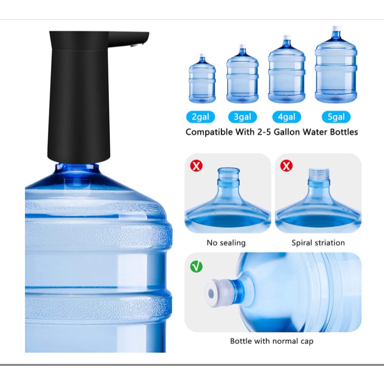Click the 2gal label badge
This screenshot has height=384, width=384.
click(x=201, y=117)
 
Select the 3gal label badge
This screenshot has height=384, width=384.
click(x=242, y=117)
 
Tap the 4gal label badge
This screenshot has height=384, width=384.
click(x=287, y=117)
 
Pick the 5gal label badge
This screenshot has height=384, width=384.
click(x=336, y=117)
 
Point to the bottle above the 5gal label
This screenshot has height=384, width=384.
click(x=336, y=65)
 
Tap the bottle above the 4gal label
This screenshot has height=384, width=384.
click(x=287, y=69)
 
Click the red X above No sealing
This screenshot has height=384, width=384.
click(x=196, y=166)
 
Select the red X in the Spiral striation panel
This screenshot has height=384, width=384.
click(x=286, y=166)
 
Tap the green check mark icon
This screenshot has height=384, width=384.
click(x=196, y=266)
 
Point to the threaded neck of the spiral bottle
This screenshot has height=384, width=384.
click(x=318, y=174)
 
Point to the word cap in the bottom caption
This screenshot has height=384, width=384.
click(x=307, y=341)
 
